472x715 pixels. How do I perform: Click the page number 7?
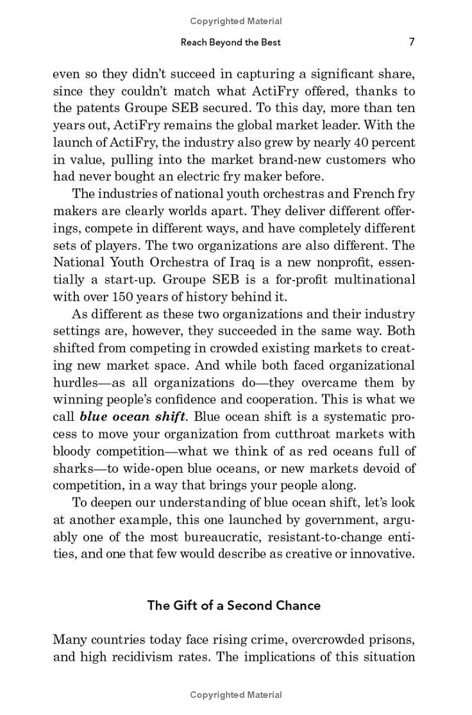[412, 42]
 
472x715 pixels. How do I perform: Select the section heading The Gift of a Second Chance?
[234, 605]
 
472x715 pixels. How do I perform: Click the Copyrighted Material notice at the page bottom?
[236, 696]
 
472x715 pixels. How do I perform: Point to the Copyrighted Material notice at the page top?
[236, 21]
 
